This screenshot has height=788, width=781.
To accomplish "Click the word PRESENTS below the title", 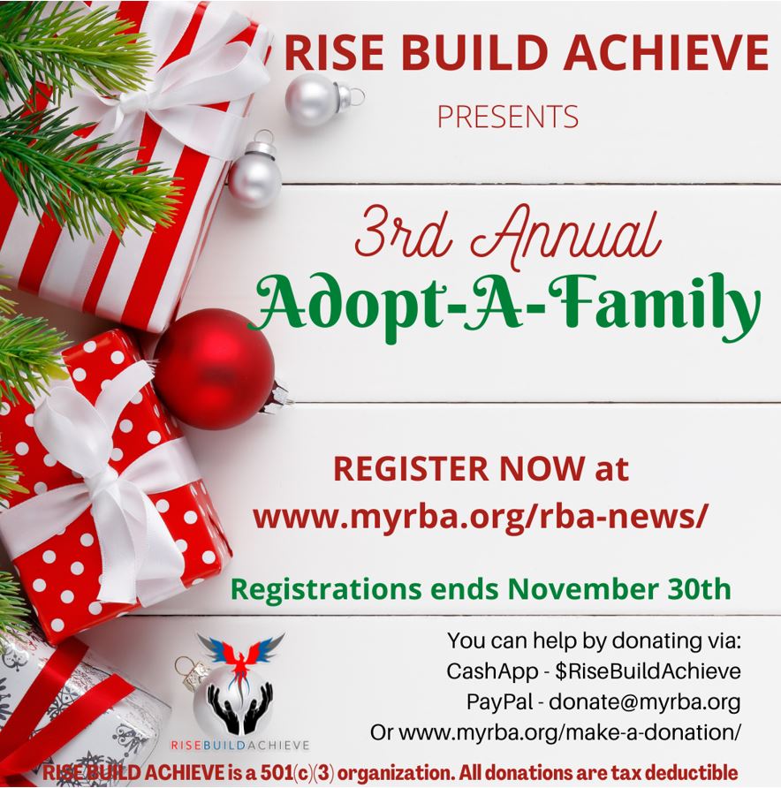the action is pyautogui.click(x=508, y=117).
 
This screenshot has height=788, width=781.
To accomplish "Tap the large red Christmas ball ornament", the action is pyautogui.click(x=215, y=369).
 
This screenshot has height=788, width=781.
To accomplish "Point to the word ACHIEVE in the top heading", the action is pyautogui.click(x=666, y=52).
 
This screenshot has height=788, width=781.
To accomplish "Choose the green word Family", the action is pyautogui.click(x=654, y=306).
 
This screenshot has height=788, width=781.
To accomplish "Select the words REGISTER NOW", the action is pyautogui.click(x=459, y=469).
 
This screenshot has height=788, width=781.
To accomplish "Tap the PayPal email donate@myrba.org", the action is pyautogui.click(x=645, y=702).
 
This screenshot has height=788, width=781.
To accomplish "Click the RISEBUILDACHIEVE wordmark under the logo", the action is pyautogui.click(x=240, y=745).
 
